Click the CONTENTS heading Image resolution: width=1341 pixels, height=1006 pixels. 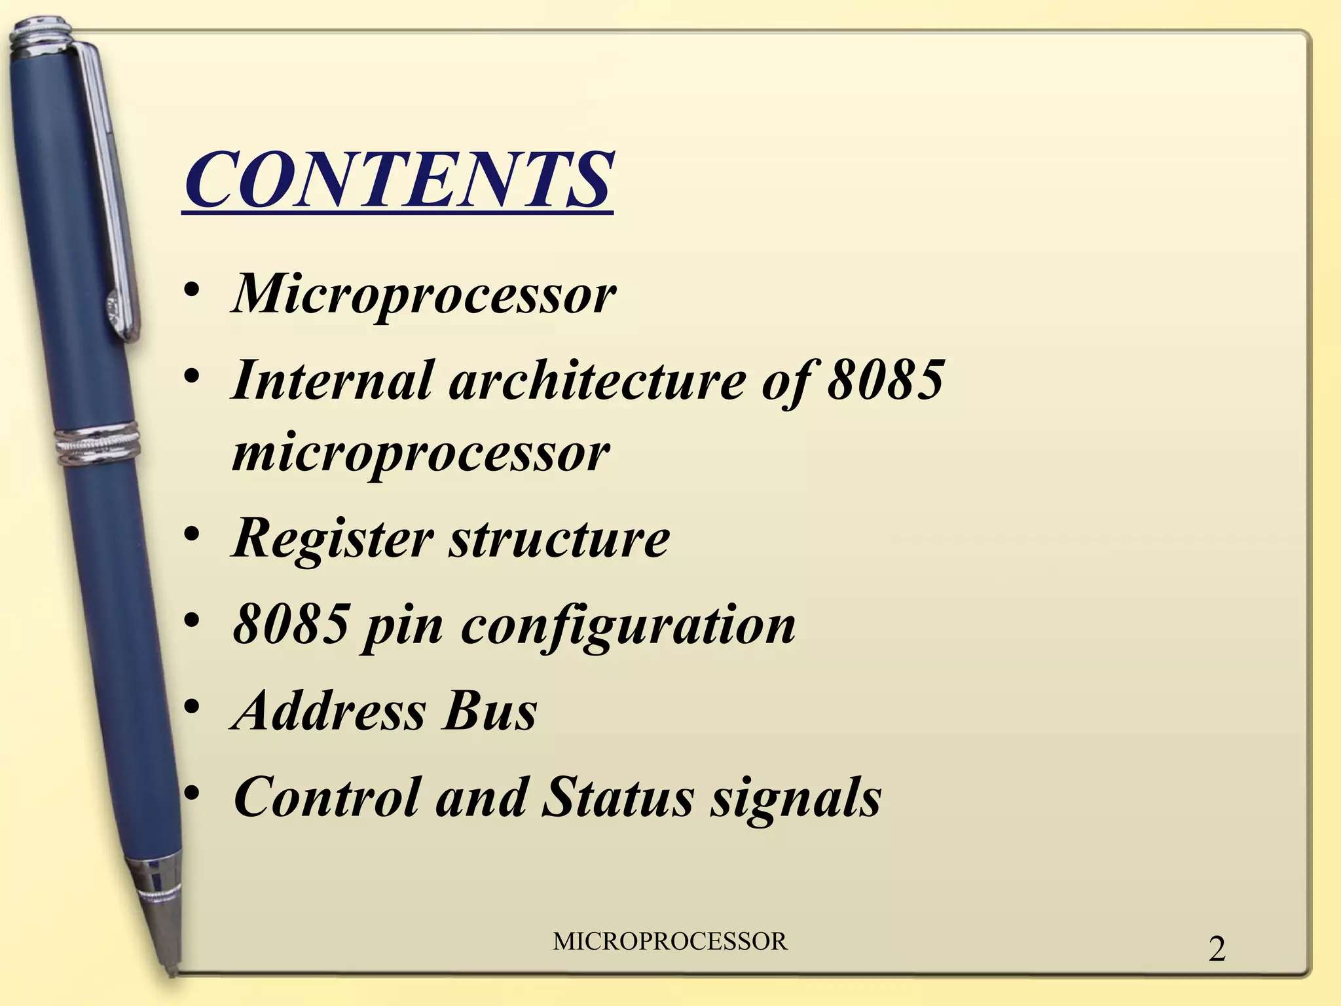point(397,179)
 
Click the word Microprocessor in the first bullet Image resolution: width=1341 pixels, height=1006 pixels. point(424,294)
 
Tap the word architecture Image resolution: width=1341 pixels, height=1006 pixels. point(597,380)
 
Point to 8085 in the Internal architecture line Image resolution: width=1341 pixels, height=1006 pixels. point(885,380)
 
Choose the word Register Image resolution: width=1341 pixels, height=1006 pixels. point(332,538)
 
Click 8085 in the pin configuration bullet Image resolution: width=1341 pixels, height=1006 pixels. point(290,624)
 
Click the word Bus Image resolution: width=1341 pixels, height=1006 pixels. point(490,711)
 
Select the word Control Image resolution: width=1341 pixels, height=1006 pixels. point(325,798)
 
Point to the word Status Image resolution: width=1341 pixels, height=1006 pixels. point(617,798)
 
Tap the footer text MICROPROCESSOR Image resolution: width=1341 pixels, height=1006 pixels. point(670,942)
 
